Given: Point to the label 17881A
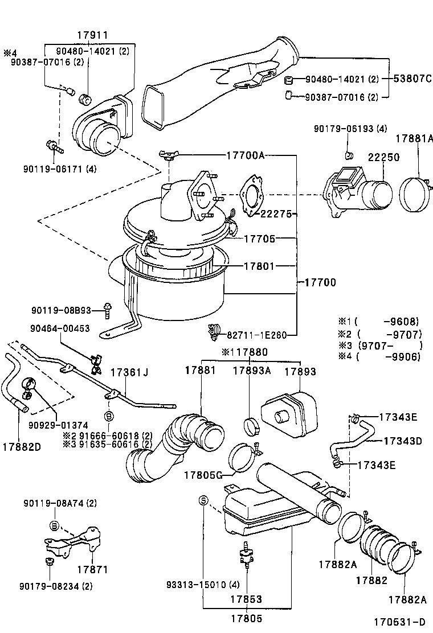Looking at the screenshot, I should pyautogui.click(x=415, y=138).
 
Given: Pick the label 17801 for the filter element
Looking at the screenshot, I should pyautogui.click(x=259, y=266).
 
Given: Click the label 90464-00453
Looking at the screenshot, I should pyautogui.click(x=60, y=329).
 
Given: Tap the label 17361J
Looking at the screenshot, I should pyautogui.click(x=129, y=373).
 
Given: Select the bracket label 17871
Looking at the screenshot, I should pyautogui.click(x=92, y=569).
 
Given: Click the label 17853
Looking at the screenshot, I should pyautogui.click(x=246, y=599).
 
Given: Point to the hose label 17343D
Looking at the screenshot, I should pyautogui.click(x=402, y=441).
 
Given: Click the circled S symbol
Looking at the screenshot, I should pyautogui.click(x=203, y=500).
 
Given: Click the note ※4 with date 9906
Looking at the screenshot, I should pyautogui.click(x=387, y=357).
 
